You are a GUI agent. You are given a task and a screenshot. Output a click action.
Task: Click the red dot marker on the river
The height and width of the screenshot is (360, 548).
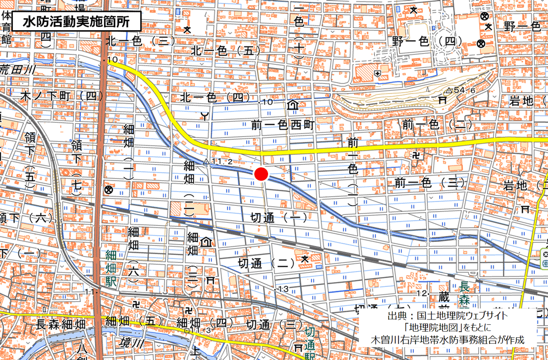[x=261, y=174]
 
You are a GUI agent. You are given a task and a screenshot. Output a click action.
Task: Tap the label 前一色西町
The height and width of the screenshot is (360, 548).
[x=283, y=125]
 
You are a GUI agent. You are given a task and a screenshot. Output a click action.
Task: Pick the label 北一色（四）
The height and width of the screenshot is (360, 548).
[x=215, y=97]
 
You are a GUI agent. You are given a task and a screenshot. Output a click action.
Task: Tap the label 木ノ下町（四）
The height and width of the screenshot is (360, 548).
[x=63, y=96]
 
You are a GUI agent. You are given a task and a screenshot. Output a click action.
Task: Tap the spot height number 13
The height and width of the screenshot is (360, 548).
[x=283, y=288]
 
